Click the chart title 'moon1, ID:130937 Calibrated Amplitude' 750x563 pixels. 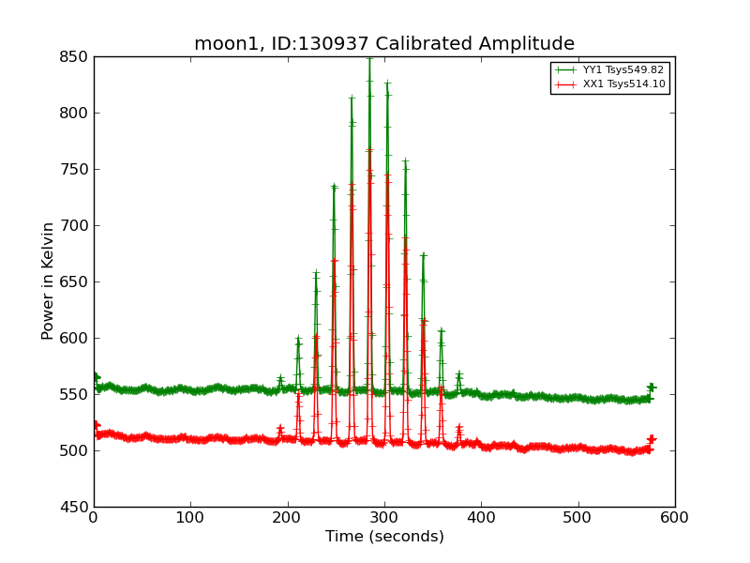[x=384, y=44]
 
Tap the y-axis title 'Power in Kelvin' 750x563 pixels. [x=48, y=281]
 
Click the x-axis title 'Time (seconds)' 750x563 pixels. [x=384, y=537]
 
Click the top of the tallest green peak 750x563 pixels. [x=369, y=58]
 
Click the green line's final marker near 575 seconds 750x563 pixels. [x=652, y=388]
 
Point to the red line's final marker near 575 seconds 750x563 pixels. [x=652, y=439]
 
